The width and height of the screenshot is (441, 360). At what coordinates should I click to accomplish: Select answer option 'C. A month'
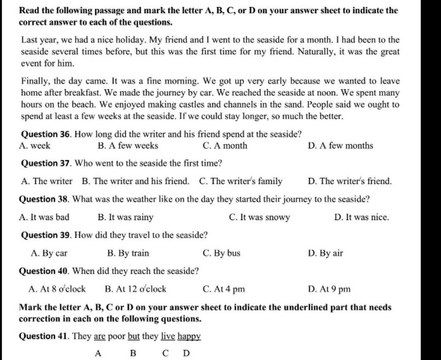click(x=225, y=146)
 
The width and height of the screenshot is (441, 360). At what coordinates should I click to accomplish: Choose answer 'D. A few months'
click(x=341, y=146)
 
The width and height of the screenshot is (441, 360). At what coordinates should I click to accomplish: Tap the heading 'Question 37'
click(x=46, y=164)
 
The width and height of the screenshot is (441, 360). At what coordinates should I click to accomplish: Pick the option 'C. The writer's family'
click(x=241, y=181)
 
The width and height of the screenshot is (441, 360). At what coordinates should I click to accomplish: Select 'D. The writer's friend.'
click(x=350, y=181)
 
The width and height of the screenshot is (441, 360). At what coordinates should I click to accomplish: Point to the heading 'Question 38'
click(x=46, y=199)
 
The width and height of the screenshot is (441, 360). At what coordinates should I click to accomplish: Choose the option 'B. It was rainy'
click(x=125, y=217)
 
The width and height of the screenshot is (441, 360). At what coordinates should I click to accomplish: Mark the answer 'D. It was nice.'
click(x=361, y=217)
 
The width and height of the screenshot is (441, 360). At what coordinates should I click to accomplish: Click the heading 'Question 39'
click(x=46, y=235)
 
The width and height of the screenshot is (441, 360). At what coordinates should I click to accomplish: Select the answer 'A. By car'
click(x=49, y=253)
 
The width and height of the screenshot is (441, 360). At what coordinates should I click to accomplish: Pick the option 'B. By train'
click(x=127, y=253)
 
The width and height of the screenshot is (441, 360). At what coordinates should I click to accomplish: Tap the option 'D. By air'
click(x=326, y=253)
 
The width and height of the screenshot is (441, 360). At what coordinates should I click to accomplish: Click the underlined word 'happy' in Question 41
click(x=189, y=336)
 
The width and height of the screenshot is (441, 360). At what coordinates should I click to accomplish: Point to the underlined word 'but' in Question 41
click(x=133, y=336)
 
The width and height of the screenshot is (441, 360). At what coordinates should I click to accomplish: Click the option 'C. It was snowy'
click(x=260, y=217)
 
